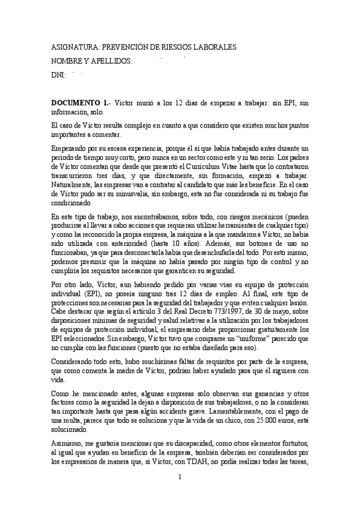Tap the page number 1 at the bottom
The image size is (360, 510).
tap(180, 477)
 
